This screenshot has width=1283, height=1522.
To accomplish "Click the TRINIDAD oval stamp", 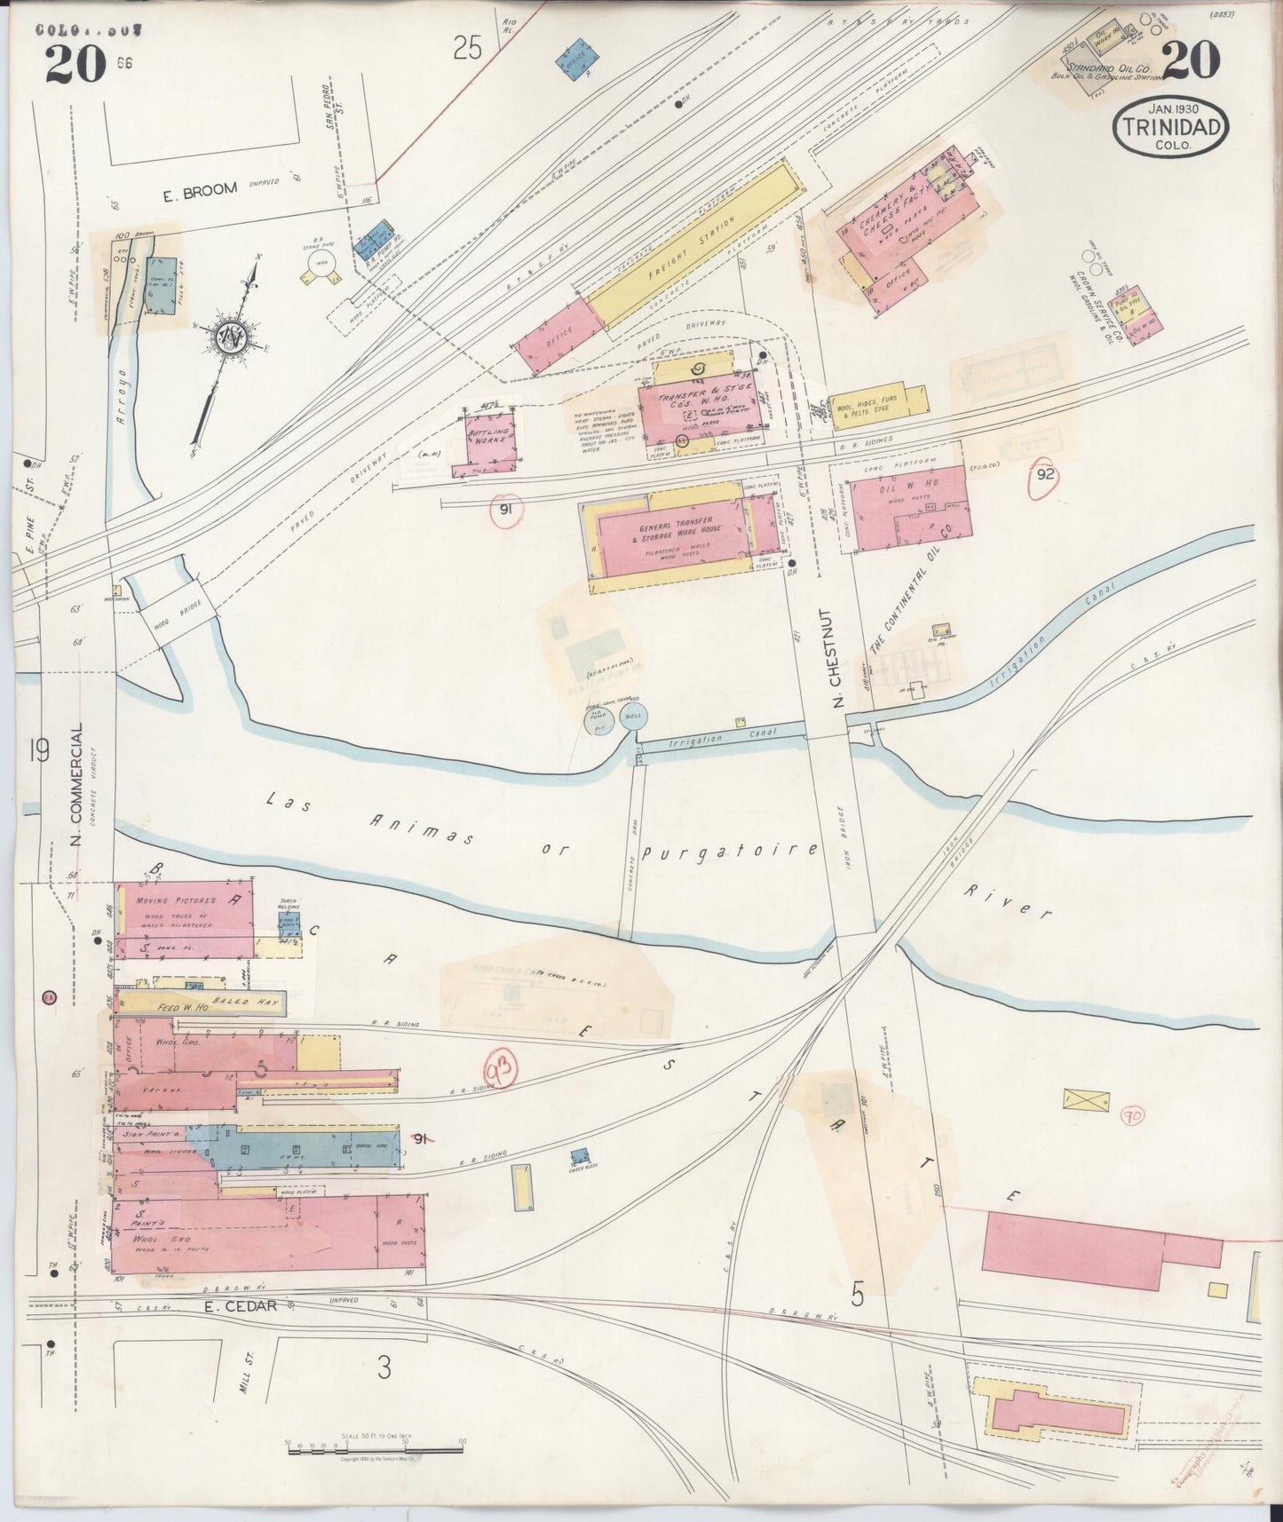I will [1171, 128].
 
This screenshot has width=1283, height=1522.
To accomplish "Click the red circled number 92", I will [1047, 474].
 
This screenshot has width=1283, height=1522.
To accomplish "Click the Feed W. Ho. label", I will [182, 1008].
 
